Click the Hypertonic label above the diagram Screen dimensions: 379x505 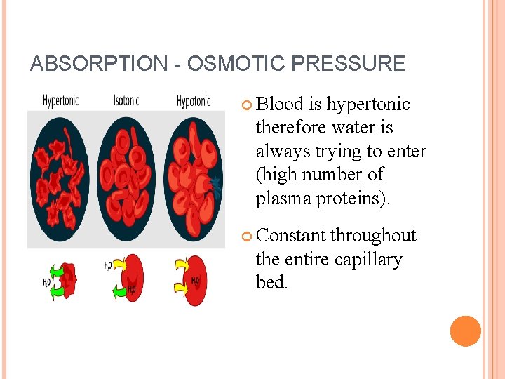point(60,100)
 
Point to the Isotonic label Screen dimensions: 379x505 point(126,100)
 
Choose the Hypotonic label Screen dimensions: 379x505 point(193,101)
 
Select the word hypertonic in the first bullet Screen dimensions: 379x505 point(368,105)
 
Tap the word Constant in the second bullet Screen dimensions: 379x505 point(290,236)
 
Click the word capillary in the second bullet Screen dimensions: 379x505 point(368,259)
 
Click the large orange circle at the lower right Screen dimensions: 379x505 point(465,331)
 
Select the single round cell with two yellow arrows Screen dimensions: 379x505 point(197,281)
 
